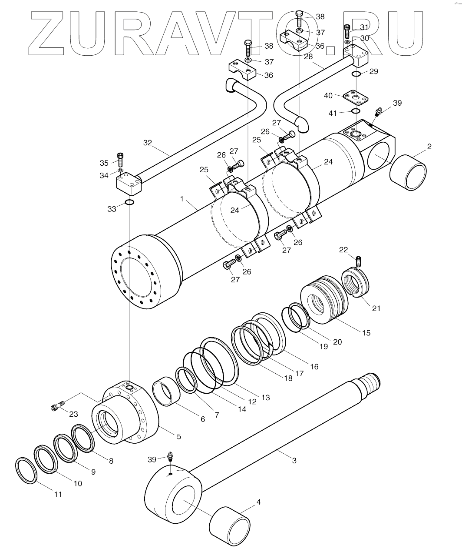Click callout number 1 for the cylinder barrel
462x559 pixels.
pos(183,198)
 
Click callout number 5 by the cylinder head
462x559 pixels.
pos(178,436)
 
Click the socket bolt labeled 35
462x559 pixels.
pos(120,157)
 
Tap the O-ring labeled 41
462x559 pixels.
pos(355,111)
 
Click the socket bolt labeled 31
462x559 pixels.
pos(347,31)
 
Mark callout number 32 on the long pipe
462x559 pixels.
pos(148,142)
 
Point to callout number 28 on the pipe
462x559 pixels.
pos(309,57)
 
